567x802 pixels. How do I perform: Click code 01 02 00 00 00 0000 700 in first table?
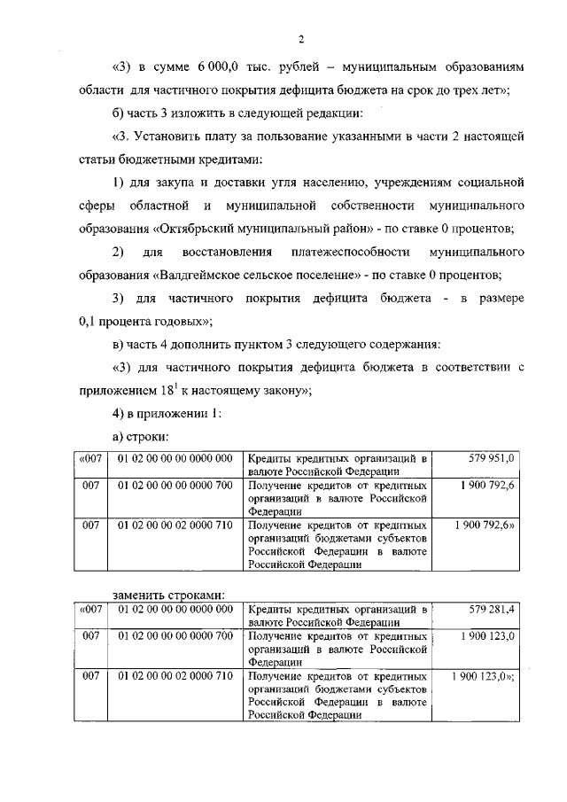point(175,486)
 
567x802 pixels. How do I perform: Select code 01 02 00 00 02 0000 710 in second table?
point(175,677)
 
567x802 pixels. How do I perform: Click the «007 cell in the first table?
point(89,458)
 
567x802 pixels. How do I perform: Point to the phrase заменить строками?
point(168,594)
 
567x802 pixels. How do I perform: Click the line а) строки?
point(140,437)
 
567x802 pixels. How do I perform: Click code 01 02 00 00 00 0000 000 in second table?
point(175,610)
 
